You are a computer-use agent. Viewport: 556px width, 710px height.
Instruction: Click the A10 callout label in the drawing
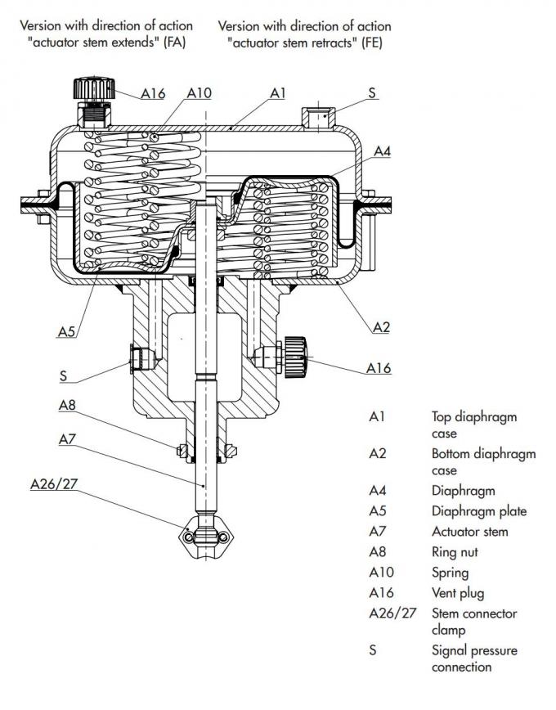click(199, 93)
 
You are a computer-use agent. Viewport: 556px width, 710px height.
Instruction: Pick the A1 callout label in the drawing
click(278, 93)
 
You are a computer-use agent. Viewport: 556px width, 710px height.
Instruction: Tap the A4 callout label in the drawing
click(383, 151)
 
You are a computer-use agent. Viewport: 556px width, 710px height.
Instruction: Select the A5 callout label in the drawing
click(67, 331)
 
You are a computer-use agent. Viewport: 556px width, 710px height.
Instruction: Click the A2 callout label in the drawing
click(381, 326)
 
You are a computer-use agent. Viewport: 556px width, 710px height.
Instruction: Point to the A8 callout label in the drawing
click(67, 405)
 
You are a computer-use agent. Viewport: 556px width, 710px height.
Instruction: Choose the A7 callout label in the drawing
click(67, 439)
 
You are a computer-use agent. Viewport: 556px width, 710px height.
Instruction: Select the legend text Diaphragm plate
click(479, 511)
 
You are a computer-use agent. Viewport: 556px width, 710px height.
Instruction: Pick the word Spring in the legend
click(450, 573)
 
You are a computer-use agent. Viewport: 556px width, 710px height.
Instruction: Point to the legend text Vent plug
click(458, 593)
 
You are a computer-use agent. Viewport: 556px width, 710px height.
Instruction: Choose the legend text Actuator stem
click(470, 532)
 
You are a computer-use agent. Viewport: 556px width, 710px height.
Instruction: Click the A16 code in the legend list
click(382, 593)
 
